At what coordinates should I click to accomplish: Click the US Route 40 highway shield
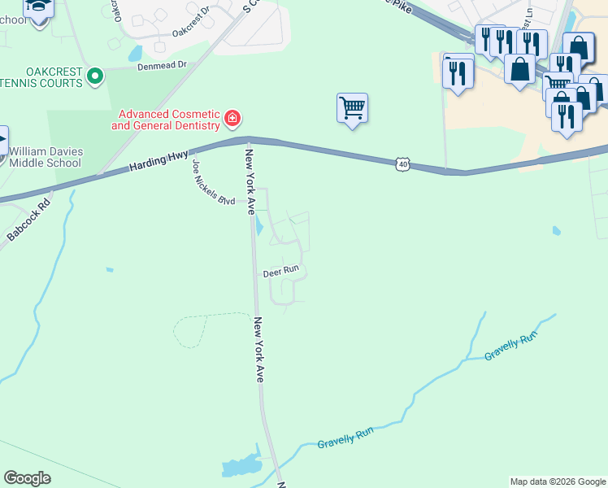tap(402, 165)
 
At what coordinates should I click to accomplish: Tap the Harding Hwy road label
tap(159, 163)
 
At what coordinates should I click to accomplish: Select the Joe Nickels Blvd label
tap(213, 183)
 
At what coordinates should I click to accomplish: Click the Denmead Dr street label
tap(161, 68)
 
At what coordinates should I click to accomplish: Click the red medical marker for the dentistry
tap(232, 120)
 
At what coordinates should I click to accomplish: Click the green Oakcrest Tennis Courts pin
tap(95, 77)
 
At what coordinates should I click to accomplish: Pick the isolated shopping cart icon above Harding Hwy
tap(352, 107)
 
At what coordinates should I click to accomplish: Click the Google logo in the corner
tap(27, 478)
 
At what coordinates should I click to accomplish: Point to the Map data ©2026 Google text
tap(558, 481)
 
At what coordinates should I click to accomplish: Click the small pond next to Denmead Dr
tap(135, 54)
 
